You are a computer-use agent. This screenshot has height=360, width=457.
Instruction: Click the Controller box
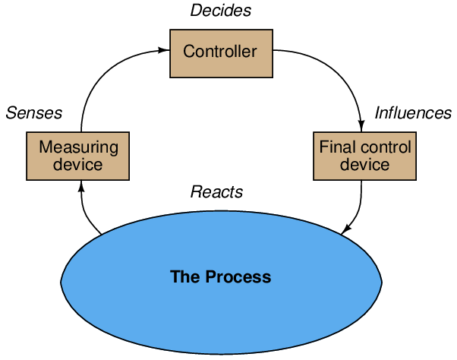[x=221, y=52]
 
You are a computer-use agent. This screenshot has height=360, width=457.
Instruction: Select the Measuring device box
[x=77, y=156]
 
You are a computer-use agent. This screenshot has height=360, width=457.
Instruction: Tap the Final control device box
[x=364, y=156]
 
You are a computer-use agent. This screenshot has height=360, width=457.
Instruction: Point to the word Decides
[x=220, y=11]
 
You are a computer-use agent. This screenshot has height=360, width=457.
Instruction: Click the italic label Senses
[x=34, y=113]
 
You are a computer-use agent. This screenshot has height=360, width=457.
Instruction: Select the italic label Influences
[x=413, y=113]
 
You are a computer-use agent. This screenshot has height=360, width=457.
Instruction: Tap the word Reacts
[x=216, y=191]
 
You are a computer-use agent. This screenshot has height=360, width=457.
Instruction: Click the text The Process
[x=220, y=276]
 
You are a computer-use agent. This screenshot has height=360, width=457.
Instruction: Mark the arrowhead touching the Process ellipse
[x=346, y=229]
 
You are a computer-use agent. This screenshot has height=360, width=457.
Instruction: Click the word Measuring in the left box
[x=78, y=147]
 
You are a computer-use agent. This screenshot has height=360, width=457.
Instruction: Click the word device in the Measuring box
[x=78, y=165]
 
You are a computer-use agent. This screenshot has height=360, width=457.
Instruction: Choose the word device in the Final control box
[x=365, y=165]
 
